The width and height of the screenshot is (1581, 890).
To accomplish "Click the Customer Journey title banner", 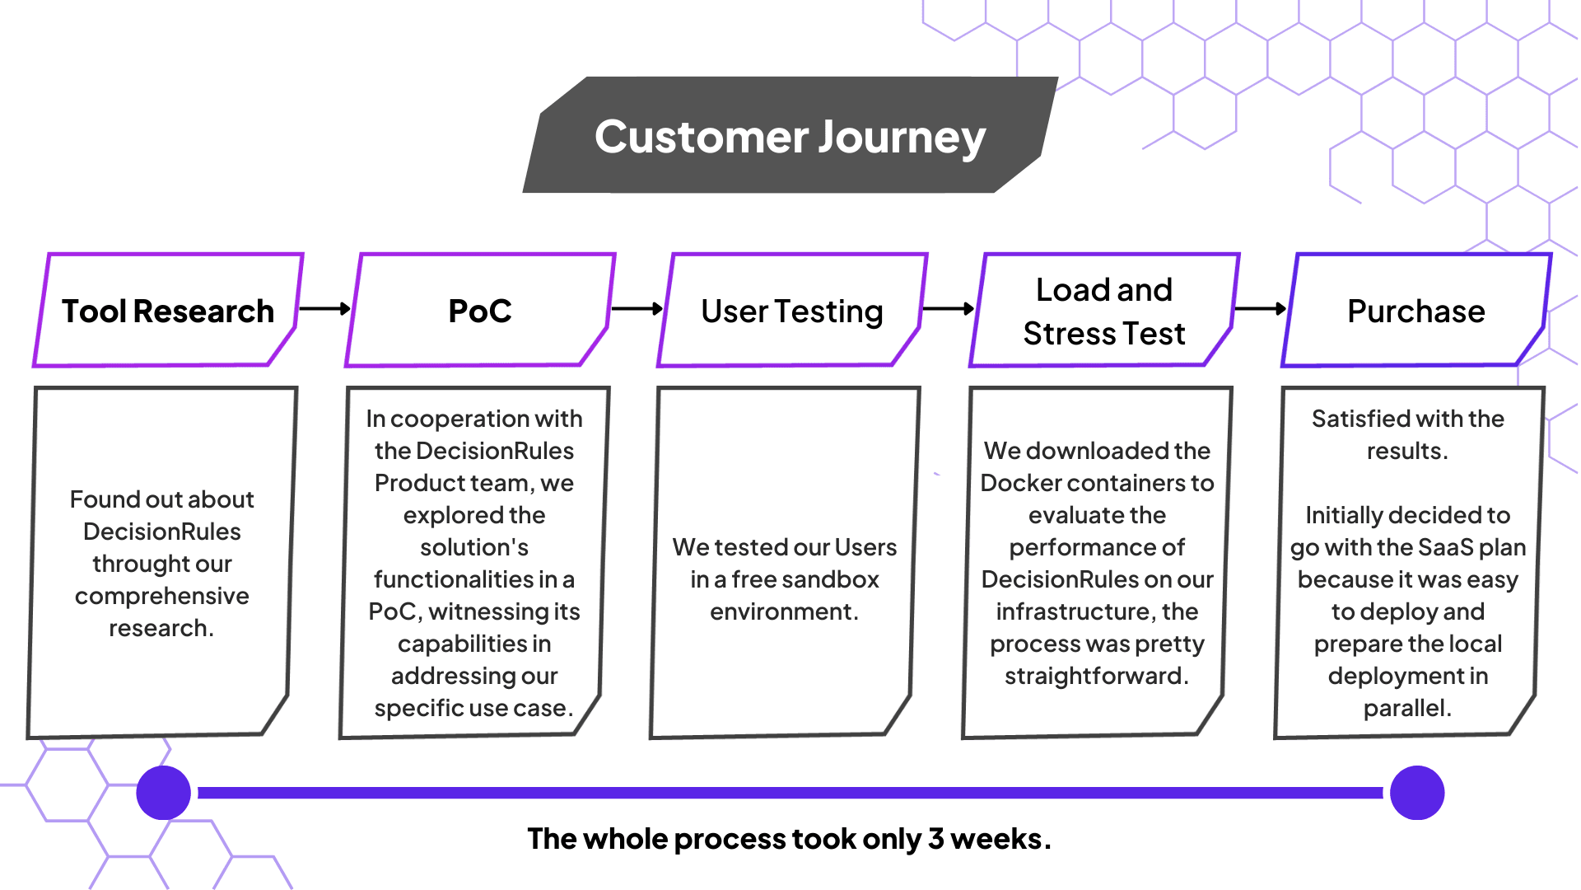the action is [790, 135].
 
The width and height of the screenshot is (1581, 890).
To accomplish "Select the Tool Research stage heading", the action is [168, 311].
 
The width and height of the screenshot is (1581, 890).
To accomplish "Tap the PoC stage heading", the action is [480, 311].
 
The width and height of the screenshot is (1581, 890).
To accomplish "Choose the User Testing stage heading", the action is [792, 311].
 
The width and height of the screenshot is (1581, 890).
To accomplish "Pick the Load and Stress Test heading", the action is [1104, 311].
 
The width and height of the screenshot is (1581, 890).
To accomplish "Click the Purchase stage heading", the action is [1416, 311].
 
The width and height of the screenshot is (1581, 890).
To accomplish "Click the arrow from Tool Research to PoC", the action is [325, 309].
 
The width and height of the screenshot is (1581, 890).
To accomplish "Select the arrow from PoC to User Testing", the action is [637, 309].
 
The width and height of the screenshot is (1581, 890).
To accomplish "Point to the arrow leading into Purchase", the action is [1261, 309].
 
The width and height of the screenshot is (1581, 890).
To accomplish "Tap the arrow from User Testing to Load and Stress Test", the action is [949, 309].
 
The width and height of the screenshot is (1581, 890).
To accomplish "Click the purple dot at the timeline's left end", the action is [164, 793].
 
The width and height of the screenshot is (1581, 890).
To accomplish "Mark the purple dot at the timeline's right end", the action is [1417, 793].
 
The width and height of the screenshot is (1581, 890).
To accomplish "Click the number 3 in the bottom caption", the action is [936, 839].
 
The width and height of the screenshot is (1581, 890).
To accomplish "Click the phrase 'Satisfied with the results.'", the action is [1408, 434].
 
